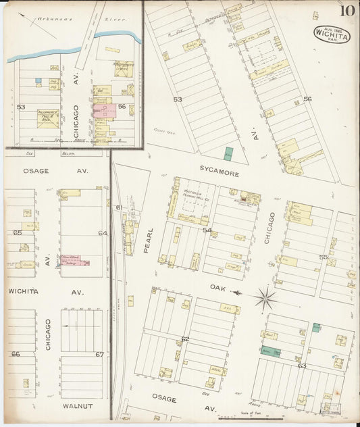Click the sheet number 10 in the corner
[x=346, y=10]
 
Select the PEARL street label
[x=149, y=241]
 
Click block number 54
[x=207, y=231]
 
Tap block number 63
[x=302, y=366]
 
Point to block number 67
[x=99, y=354]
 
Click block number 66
[x=16, y=354]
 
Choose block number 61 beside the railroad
[x=119, y=207]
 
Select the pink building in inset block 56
[x=105, y=110]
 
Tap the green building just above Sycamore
[x=228, y=153]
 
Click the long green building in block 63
[x=272, y=352]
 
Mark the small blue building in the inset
[x=38, y=82]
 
